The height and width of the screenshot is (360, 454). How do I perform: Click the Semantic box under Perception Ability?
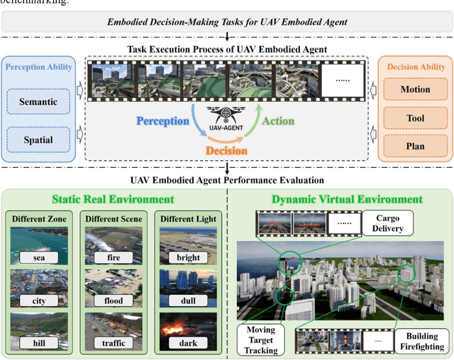[38, 101]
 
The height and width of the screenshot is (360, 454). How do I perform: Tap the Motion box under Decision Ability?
[415, 89]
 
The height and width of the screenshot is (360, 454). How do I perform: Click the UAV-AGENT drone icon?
[226, 113]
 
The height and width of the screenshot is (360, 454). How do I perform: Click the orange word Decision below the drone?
[225, 150]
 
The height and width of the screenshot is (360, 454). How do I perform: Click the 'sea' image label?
[40, 259]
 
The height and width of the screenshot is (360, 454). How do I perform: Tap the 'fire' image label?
[113, 259]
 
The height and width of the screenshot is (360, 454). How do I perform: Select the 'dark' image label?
[187, 343]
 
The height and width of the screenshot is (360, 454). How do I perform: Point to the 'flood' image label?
[113, 300]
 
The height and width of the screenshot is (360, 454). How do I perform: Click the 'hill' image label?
[40, 343]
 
